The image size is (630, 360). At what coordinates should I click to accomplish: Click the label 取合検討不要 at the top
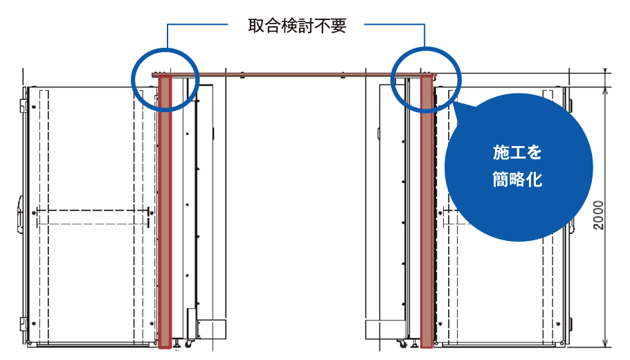[x=296, y=26]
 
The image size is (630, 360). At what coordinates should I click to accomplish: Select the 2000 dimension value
[x=599, y=216]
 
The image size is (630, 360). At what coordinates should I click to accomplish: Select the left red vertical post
[x=165, y=208]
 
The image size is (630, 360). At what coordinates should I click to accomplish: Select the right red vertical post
[x=426, y=208]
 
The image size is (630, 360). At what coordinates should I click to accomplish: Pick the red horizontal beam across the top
[x=294, y=73]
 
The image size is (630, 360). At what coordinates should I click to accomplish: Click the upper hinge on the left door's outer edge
[x=25, y=105]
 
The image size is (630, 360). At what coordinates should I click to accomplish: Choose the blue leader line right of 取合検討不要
[x=395, y=26]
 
